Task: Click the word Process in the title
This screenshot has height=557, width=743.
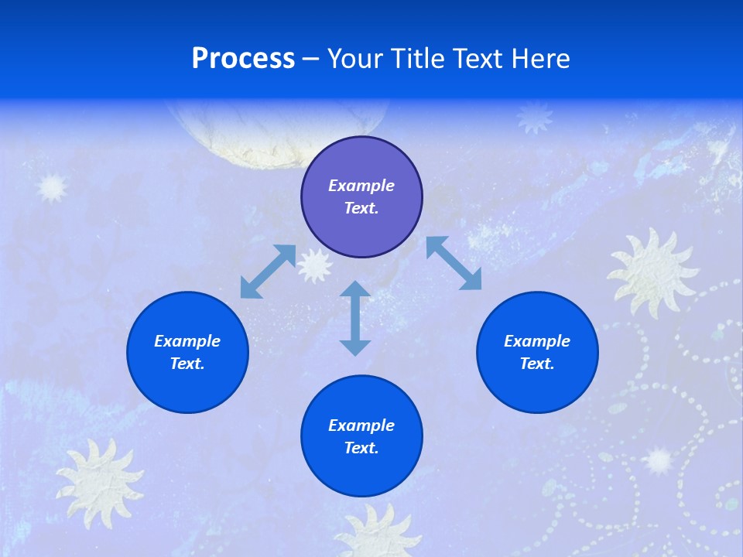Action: tap(243, 58)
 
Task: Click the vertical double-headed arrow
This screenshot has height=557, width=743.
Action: tap(355, 318)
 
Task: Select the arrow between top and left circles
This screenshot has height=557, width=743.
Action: tap(268, 272)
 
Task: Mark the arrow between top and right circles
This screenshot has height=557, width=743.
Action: tap(454, 263)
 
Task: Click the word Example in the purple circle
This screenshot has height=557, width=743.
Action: tap(361, 186)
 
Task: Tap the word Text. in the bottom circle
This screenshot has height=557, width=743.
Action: tap(361, 448)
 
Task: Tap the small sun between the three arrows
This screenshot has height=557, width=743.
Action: tap(315, 265)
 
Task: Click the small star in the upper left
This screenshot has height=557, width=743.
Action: tap(52, 187)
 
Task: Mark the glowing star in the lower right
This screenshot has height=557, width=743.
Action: tap(659, 461)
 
